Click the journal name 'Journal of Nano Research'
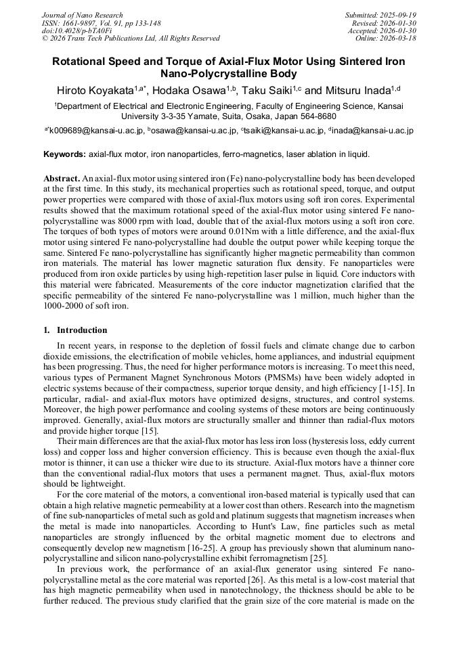click(x=83, y=15)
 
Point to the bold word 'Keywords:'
click(x=65, y=154)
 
